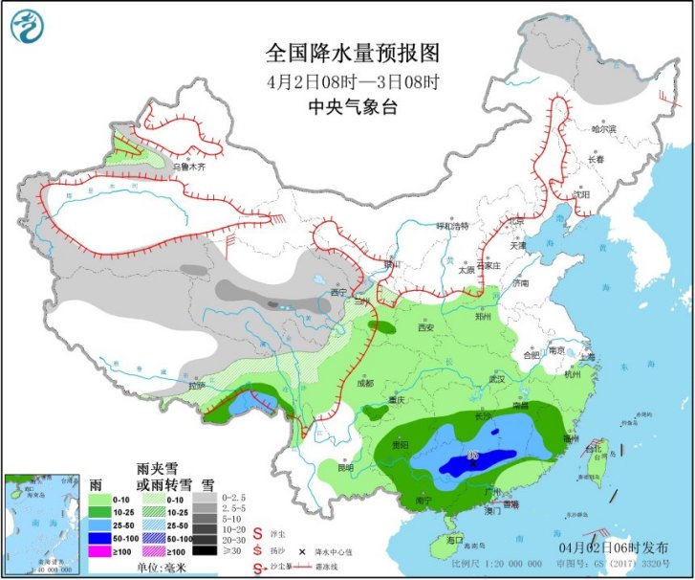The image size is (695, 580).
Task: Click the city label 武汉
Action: click(494, 378)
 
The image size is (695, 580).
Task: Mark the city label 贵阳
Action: click(399, 445)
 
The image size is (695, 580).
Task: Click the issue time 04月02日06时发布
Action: click(618, 546)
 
